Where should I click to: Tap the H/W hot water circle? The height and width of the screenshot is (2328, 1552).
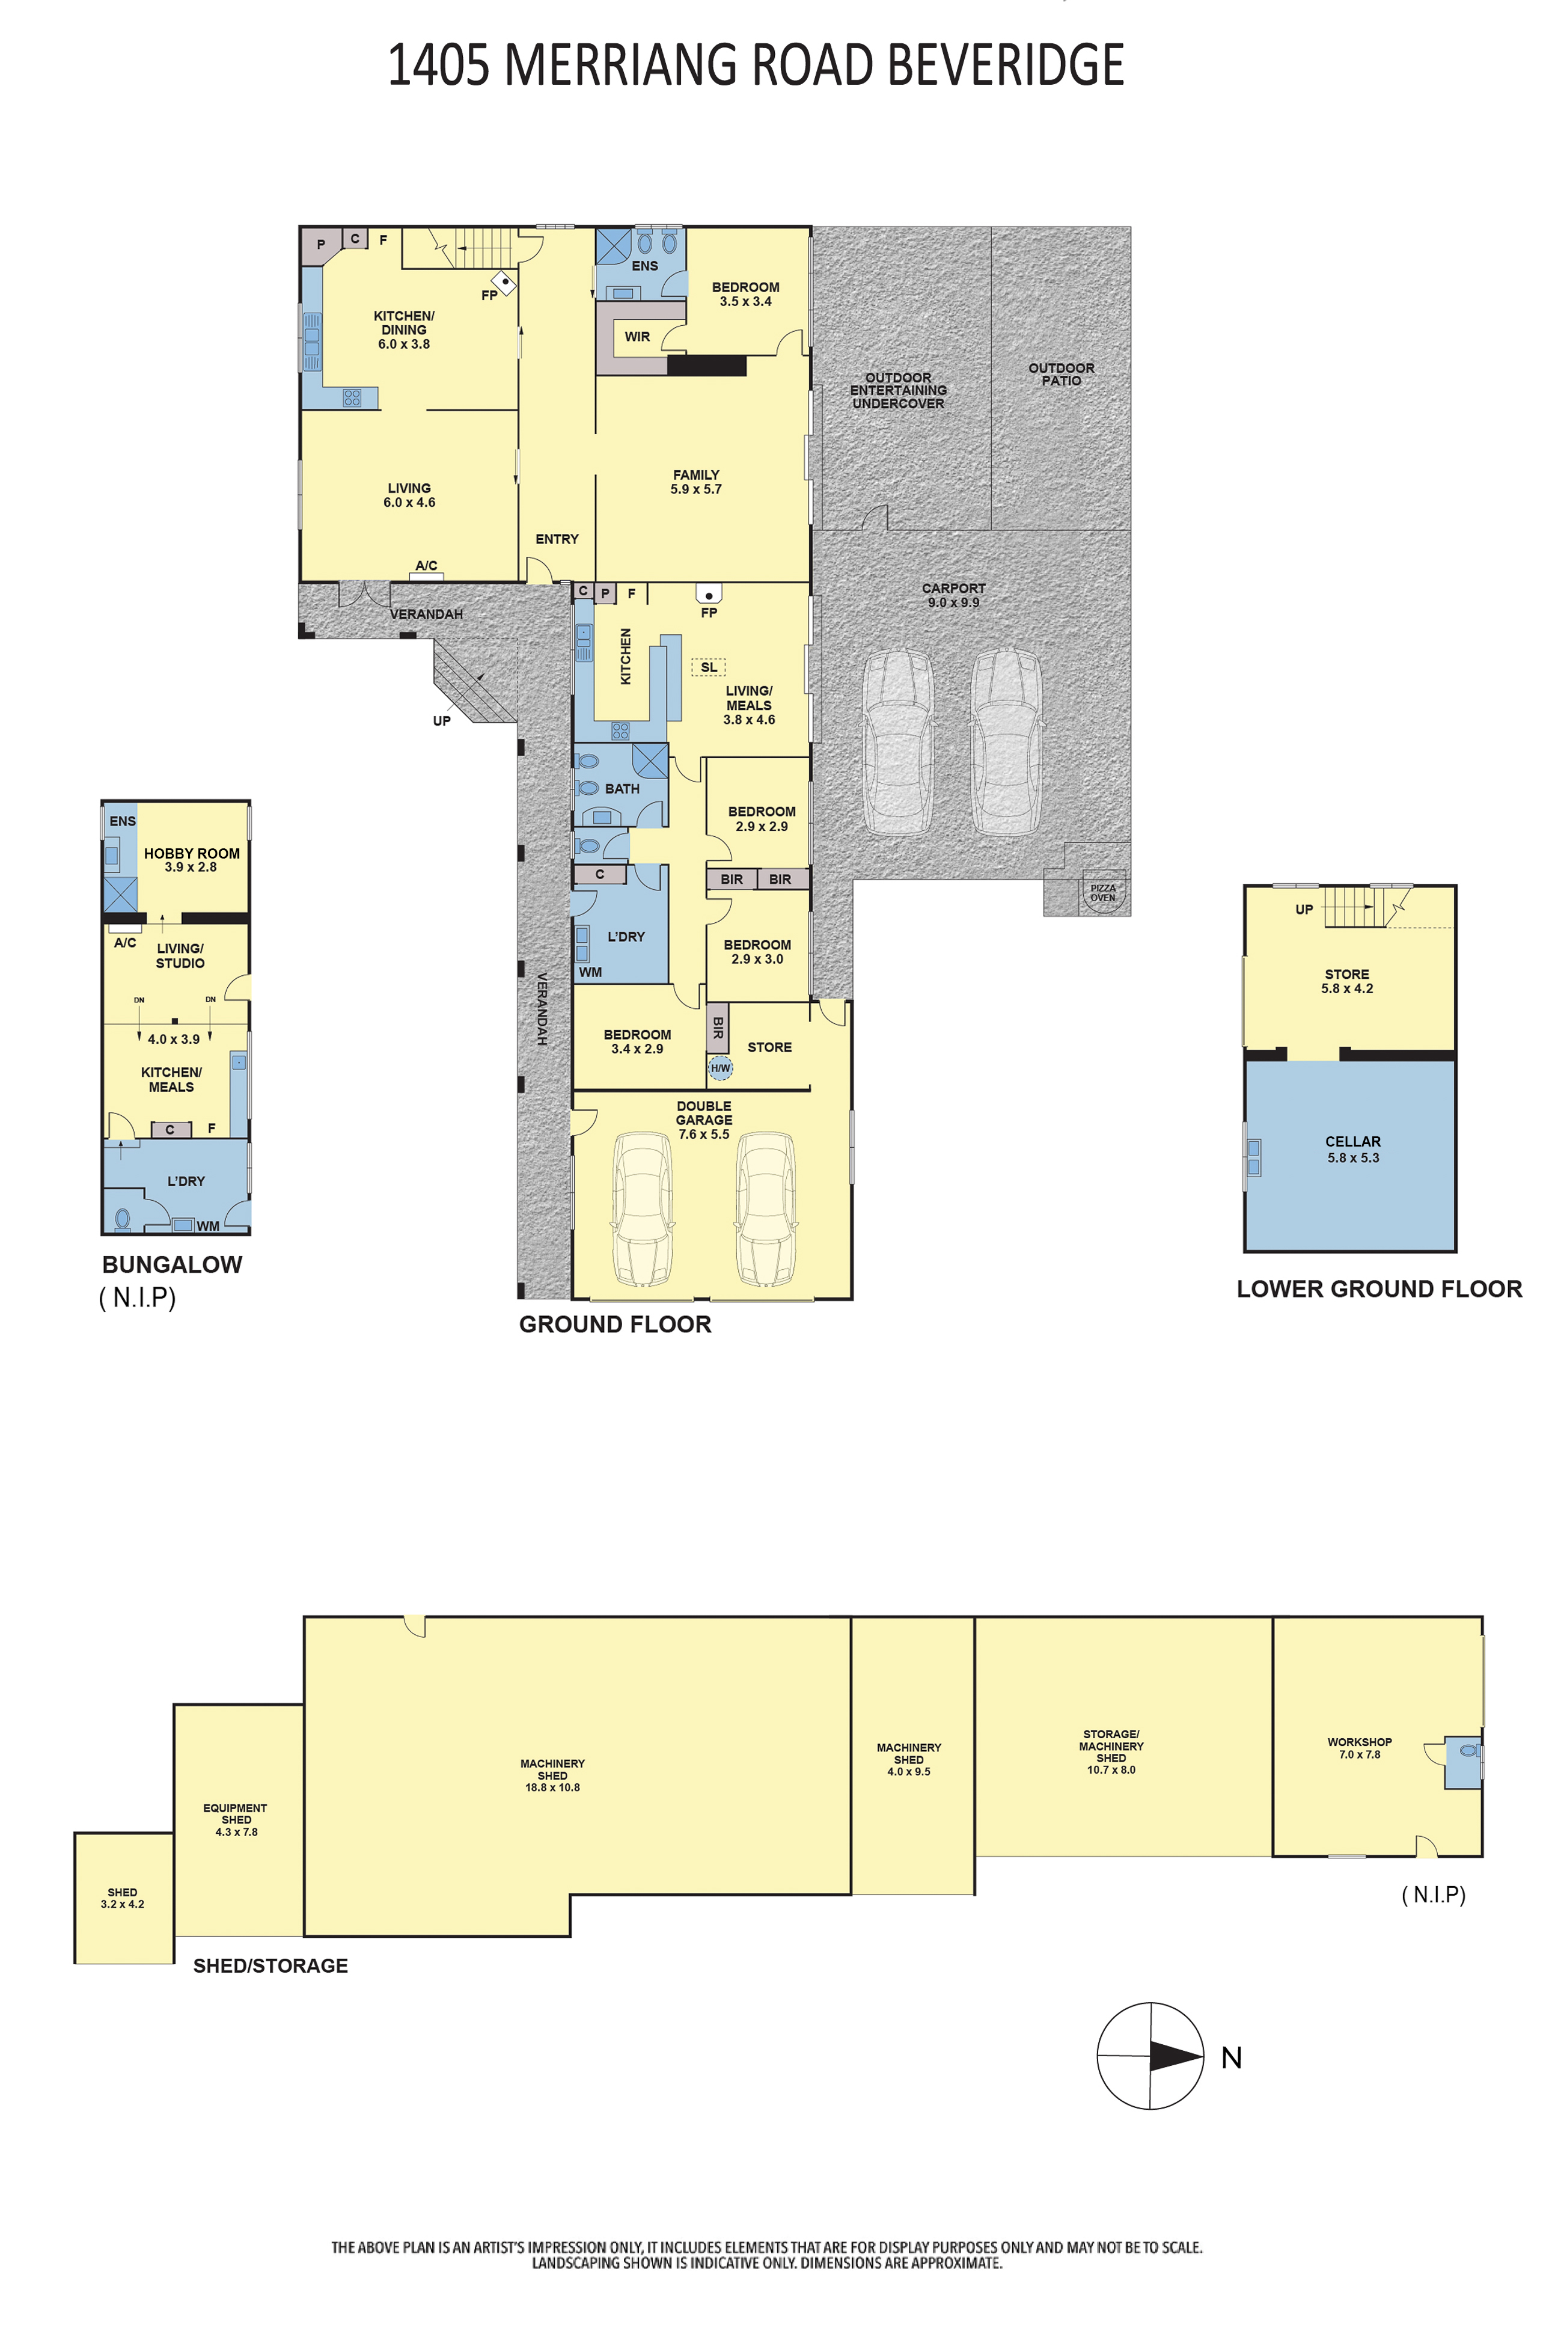point(721,1068)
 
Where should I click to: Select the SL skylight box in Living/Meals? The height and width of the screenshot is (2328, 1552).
point(709,667)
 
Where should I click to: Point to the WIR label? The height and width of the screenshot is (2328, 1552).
point(637,337)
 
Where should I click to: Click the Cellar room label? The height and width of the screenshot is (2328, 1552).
point(1353,1149)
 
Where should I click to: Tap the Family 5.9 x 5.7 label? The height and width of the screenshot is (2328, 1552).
point(696,482)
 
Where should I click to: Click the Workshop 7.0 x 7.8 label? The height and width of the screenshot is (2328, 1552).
point(1360,1748)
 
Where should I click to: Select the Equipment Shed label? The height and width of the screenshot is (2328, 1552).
point(236,1819)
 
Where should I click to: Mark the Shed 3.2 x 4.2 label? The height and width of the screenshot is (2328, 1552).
point(123,1898)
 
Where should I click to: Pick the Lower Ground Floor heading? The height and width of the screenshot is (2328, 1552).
point(1379,1288)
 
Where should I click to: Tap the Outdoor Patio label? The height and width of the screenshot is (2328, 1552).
point(1061,374)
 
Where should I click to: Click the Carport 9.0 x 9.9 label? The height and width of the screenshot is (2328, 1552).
point(953,595)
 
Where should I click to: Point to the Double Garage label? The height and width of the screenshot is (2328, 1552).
point(704,1120)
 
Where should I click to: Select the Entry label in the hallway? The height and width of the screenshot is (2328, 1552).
point(557,539)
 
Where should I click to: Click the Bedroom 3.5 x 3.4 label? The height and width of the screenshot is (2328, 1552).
point(745,294)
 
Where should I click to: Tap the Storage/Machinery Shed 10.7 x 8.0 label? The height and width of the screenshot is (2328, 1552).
point(1111,1752)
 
